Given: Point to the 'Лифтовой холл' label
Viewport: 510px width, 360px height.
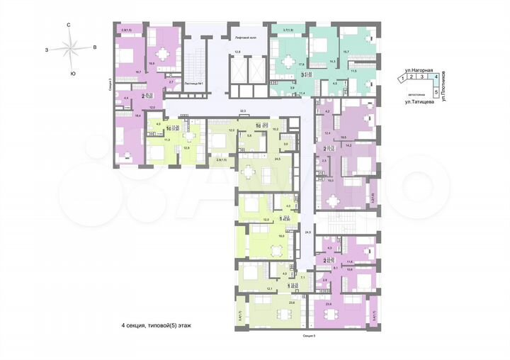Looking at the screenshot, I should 239,35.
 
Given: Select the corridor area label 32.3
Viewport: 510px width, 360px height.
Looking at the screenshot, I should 243,111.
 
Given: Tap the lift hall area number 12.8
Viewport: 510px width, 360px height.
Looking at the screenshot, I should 239,52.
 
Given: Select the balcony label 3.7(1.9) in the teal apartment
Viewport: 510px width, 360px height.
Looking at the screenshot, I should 288,30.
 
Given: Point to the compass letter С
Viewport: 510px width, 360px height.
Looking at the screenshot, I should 68,26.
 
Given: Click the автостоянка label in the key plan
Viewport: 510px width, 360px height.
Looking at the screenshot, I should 416,92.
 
